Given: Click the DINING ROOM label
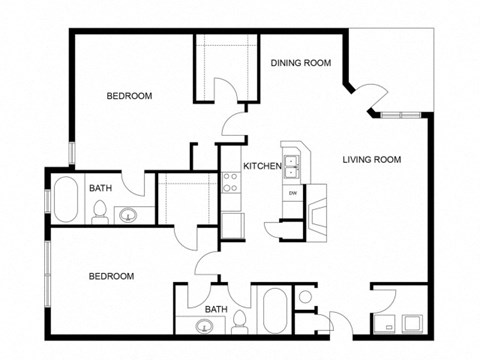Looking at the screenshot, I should coord(300,63).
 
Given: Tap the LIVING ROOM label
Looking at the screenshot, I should coord(371,159).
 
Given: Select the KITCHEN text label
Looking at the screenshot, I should coord(261,166).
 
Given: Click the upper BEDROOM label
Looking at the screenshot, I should coord(129,96).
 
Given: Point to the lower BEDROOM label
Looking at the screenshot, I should coord(111,275).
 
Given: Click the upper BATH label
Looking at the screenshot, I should coord(100,187).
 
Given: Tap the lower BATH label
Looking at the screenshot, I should coord(216,310).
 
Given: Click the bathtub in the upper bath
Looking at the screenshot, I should coord(66,199).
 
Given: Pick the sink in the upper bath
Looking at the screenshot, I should coord(129,213).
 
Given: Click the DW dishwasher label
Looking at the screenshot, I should coord(292,192).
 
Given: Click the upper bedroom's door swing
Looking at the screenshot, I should coord(234,123).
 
